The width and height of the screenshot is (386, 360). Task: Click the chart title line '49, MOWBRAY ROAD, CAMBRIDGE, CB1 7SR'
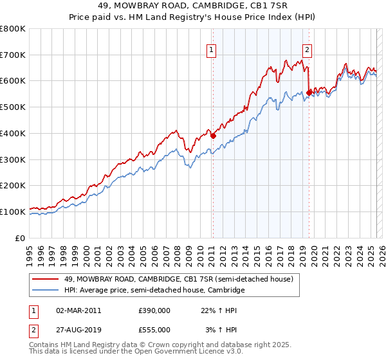click(192, 6)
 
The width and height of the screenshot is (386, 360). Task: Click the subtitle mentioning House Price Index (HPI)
click(192, 17)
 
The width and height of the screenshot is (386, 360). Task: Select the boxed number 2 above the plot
click(308, 49)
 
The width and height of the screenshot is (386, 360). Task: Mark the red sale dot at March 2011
click(213, 136)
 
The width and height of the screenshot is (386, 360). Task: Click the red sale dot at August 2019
click(309, 93)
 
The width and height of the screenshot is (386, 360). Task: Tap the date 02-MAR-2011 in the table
click(78, 310)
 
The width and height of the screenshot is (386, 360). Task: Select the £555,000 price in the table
click(154, 329)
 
